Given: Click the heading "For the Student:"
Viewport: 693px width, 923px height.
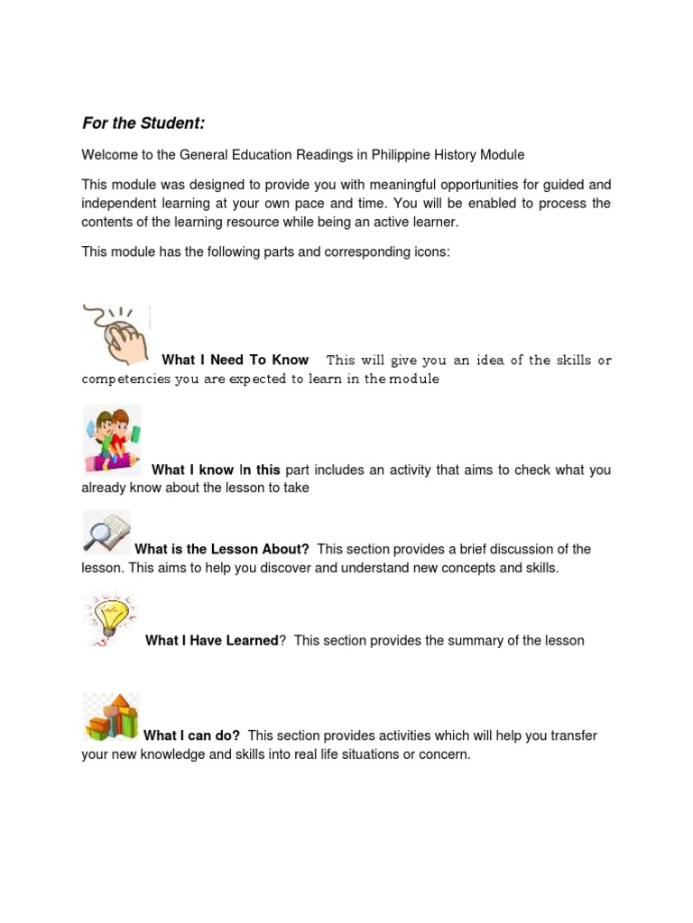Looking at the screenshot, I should [x=143, y=123].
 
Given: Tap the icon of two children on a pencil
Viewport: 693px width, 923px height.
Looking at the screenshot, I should [x=112, y=440].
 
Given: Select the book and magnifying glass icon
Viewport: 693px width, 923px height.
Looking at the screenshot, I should [x=106, y=532].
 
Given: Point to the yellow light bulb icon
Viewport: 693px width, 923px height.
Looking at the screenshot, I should [x=109, y=618].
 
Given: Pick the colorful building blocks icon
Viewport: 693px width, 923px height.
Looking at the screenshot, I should [x=111, y=717].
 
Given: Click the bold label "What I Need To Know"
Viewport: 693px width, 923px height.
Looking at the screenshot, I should [x=235, y=360].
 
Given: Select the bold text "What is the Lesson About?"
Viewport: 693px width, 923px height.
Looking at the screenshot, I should [x=222, y=549].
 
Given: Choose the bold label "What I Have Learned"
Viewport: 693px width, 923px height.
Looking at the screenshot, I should [x=211, y=641].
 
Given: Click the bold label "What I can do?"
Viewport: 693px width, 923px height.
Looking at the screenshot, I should [x=191, y=736].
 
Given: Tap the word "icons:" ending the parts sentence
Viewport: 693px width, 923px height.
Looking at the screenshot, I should [x=430, y=252].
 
